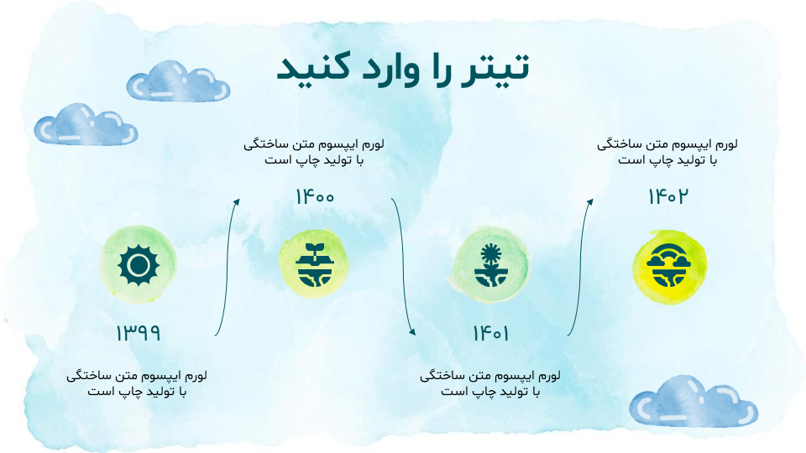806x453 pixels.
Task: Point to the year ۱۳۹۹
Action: coord(138,333)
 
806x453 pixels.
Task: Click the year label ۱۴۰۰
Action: coord(315,196)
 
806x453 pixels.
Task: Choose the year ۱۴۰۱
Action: coord(491,333)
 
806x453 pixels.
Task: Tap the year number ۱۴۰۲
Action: coord(667,196)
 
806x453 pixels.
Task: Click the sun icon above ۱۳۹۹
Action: coord(139,265)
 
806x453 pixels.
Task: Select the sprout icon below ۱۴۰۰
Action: coord(315,264)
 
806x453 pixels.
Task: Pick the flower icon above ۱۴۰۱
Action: coord(491,265)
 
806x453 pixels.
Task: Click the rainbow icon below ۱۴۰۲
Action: coord(668,265)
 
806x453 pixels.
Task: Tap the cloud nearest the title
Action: coord(178,81)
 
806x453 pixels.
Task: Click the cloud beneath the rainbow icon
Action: coord(693,402)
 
